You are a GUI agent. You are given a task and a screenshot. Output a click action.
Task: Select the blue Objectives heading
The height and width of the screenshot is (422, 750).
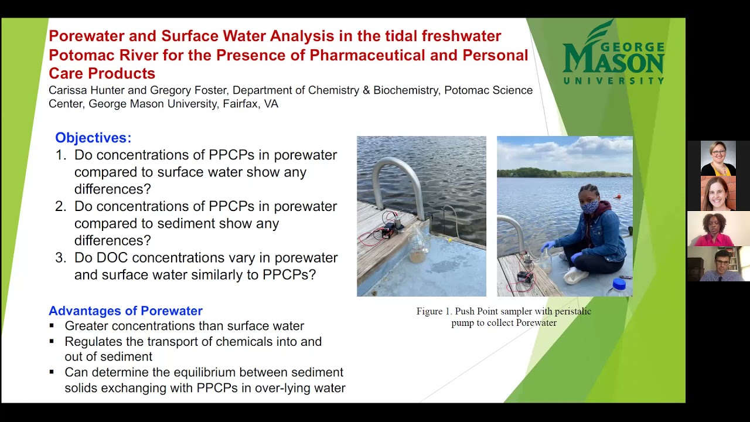[93, 138]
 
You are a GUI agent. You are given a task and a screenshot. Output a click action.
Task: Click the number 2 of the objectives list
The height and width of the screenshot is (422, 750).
[60, 207]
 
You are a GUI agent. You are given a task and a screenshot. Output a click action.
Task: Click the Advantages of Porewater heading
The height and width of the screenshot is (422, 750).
[125, 311]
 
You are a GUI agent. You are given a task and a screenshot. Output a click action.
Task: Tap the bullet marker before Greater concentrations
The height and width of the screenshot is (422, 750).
[52, 326]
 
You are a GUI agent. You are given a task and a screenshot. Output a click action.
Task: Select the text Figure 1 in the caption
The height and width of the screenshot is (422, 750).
[434, 311]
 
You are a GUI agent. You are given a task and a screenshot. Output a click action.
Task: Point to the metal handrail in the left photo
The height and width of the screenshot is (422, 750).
[398, 182]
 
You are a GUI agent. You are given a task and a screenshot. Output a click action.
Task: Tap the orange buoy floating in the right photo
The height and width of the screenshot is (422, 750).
[617, 197]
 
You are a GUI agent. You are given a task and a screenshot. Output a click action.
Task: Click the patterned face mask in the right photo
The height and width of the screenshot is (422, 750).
[590, 206]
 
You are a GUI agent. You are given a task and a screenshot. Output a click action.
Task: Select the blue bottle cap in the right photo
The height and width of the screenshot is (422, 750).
[619, 285]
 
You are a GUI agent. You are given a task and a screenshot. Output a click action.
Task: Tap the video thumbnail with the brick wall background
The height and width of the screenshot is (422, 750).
[718, 193]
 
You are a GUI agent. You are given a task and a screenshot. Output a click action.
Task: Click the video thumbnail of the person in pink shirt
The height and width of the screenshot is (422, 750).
[718, 229]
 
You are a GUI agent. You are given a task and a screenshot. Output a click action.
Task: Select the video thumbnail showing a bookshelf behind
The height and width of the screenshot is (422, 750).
[718, 264]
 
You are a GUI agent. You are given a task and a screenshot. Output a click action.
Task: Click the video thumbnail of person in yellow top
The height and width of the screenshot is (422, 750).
[718, 158]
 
